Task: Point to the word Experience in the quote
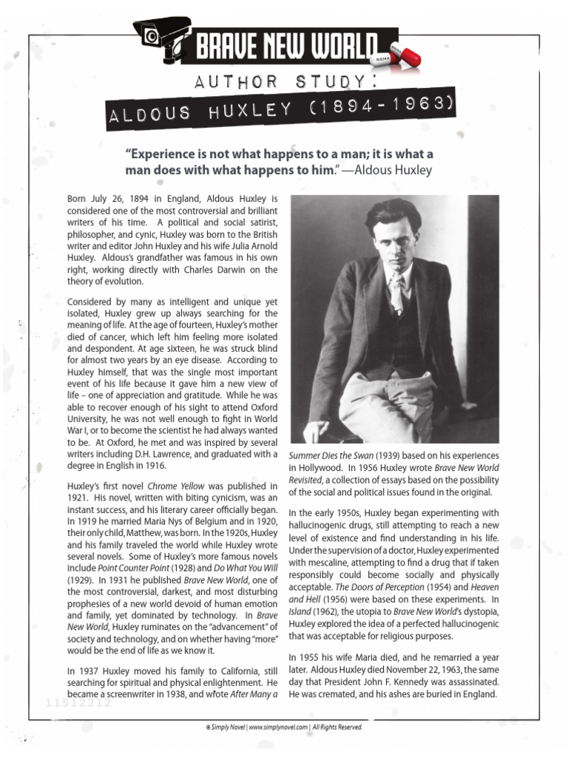[x=167, y=155]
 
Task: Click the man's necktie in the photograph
[x=397, y=291]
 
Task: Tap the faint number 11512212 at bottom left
[x=72, y=702]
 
